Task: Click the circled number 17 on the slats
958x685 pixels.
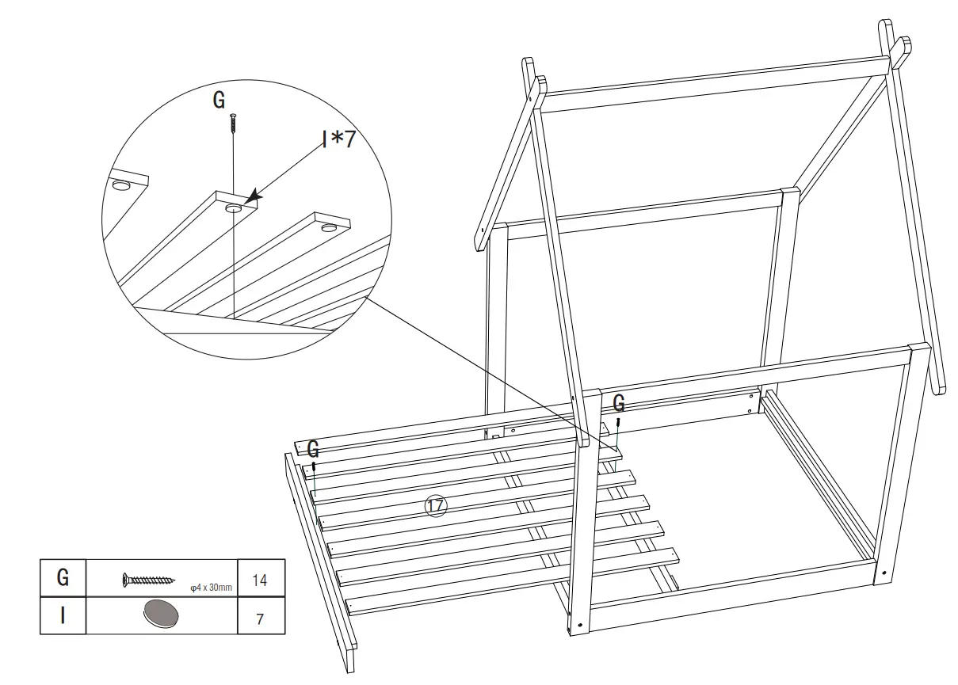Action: [436, 506]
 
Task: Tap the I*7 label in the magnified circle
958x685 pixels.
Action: [338, 139]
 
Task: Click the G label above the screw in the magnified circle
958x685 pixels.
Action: [219, 100]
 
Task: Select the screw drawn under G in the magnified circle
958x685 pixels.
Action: [233, 123]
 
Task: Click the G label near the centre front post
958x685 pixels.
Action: [619, 404]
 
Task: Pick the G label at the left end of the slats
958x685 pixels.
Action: [313, 450]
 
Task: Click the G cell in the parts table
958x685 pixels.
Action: [63, 578]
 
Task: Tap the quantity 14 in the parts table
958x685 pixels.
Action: [259, 580]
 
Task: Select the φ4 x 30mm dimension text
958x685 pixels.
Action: [211, 588]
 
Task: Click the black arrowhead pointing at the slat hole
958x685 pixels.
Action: [252, 196]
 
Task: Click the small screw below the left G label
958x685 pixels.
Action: [314, 467]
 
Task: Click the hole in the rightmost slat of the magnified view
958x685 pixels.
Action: [329, 227]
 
